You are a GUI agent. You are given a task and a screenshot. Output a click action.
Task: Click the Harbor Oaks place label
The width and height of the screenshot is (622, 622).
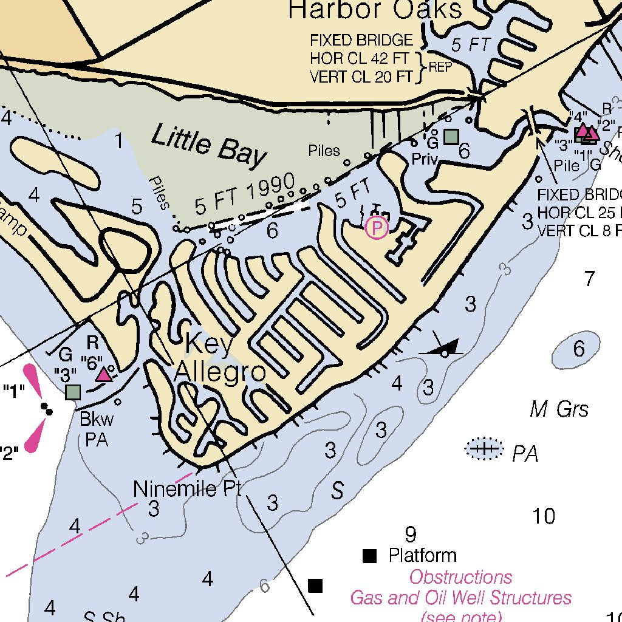(x=375, y=10)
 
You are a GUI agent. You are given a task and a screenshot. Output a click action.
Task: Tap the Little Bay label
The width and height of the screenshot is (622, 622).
(x=208, y=146)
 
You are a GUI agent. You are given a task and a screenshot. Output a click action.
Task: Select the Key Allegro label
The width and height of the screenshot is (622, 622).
(x=220, y=358)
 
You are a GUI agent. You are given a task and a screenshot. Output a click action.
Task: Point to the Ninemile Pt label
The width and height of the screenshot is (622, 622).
(x=188, y=488)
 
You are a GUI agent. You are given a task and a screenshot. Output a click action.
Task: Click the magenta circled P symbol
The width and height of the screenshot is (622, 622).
(x=377, y=228)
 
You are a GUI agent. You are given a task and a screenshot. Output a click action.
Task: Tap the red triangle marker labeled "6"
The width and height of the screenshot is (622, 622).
(x=104, y=374)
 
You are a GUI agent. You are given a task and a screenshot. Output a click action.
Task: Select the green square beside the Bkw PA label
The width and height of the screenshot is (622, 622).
(x=73, y=392)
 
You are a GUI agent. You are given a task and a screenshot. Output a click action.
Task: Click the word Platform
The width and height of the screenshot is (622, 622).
(x=422, y=555)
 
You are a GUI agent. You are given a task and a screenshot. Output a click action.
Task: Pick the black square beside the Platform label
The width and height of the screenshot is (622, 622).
(x=369, y=556)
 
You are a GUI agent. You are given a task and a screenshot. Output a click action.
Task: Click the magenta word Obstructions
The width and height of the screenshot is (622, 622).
(x=460, y=577)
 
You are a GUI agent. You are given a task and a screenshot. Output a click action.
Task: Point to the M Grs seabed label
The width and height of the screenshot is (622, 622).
(x=559, y=410)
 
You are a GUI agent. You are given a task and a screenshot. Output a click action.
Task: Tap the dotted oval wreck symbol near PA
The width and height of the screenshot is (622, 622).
(x=484, y=449)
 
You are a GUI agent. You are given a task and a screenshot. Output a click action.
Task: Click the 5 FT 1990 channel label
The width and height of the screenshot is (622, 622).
(x=245, y=194)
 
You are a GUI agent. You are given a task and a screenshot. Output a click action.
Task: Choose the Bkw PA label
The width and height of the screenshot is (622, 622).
(x=97, y=429)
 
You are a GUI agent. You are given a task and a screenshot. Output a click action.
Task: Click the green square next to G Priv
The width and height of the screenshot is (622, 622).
(x=451, y=137)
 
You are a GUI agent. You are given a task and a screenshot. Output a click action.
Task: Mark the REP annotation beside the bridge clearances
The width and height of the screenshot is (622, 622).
(x=440, y=67)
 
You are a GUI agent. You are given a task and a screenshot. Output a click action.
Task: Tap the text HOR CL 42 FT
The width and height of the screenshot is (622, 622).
(x=362, y=59)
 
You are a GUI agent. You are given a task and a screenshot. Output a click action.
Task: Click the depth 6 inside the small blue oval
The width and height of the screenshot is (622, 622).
(x=579, y=349)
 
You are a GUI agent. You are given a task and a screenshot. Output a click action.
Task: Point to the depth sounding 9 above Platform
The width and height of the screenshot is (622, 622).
(x=411, y=535)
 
